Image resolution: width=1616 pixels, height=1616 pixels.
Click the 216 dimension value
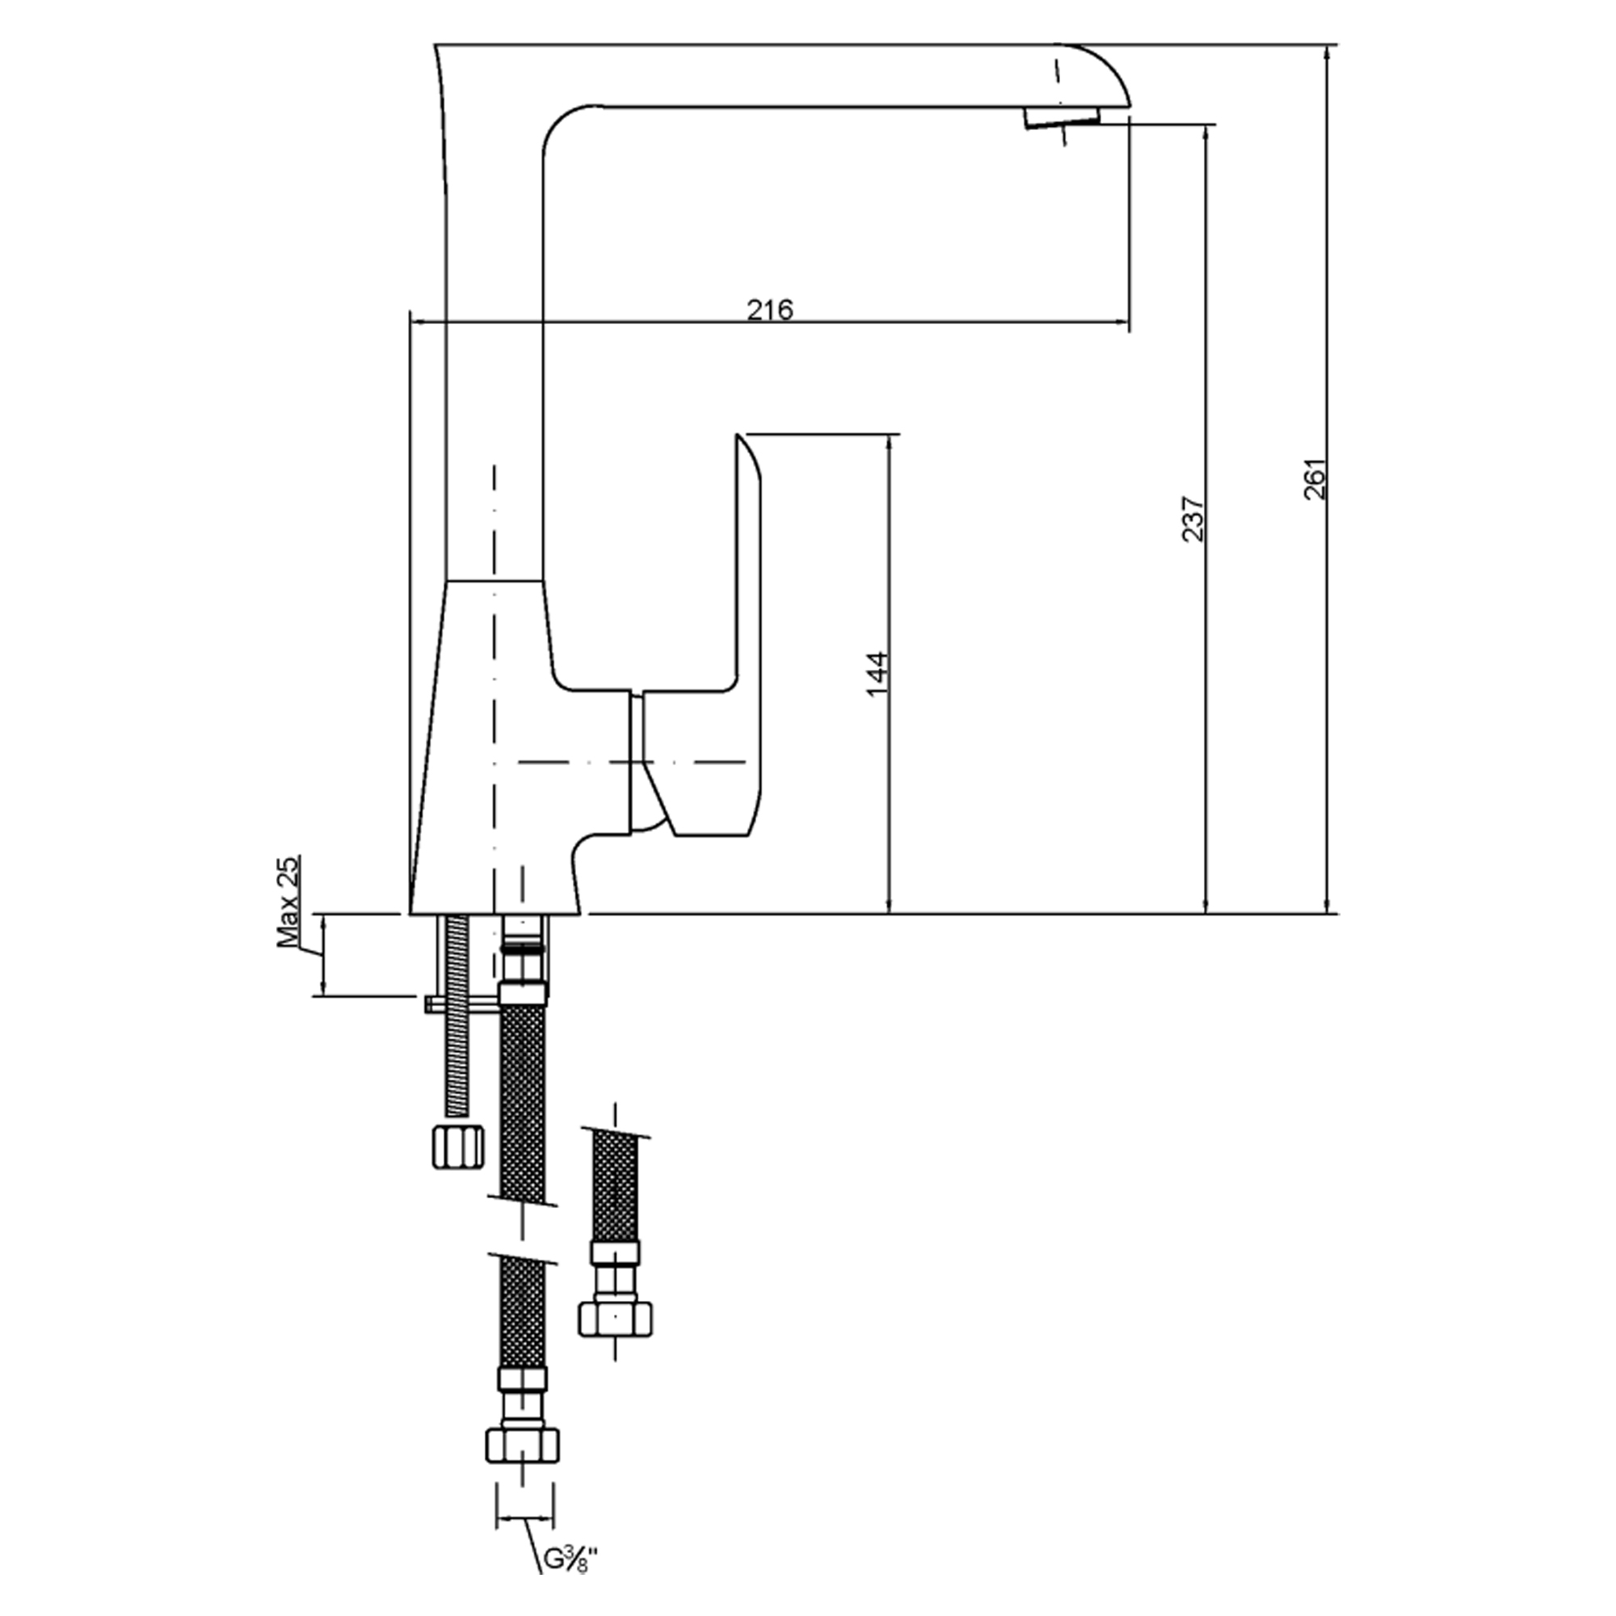tap(769, 309)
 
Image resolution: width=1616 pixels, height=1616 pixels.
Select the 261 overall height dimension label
tap(1315, 479)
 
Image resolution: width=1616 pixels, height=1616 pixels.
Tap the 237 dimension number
tap(1193, 520)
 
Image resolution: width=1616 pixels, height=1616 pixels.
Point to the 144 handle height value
tap(876, 674)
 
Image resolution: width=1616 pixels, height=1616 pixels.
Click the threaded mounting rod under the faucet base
tap(457, 1016)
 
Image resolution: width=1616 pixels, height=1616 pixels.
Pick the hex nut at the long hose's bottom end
tap(522, 1445)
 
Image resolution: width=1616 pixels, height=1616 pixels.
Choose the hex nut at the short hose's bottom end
tap(615, 1319)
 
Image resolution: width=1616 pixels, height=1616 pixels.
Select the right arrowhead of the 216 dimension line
tap(1121, 322)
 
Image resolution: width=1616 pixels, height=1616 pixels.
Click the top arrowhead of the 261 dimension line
tap(1328, 55)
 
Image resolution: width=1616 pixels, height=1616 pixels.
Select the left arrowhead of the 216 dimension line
tap(422, 322)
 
